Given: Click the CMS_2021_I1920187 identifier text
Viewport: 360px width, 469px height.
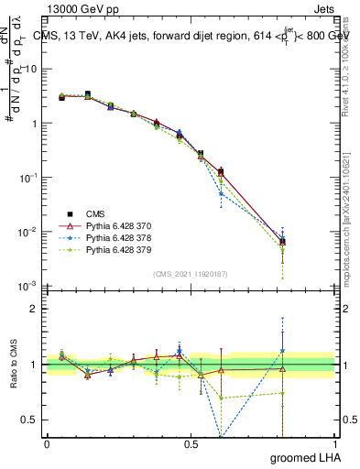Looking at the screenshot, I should [x=190, y=274].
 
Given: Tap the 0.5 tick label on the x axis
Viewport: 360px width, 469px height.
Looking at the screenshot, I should [x=191, y=444].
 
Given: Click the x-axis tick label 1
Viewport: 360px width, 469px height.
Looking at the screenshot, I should [x=334, y=444].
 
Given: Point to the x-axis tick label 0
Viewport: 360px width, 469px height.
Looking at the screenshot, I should [x=47, y=444].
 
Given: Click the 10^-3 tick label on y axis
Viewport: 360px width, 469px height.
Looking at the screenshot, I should [x=28, y=286].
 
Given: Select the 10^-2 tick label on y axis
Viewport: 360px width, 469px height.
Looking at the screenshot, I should [x=28, y=232].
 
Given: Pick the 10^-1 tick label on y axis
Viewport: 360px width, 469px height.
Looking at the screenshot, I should [x=28, y=177].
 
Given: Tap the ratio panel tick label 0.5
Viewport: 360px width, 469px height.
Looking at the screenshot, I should [x=29, y=420].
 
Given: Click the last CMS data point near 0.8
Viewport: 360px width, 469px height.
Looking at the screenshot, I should [x=282, y=242].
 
